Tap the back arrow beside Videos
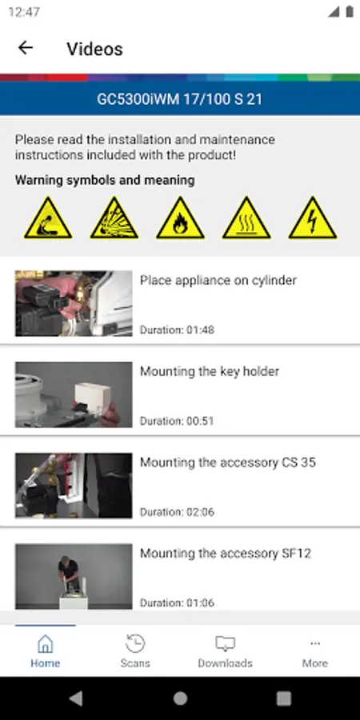point(26,48)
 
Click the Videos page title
point(94,49)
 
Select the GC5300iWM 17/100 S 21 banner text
point(179,98)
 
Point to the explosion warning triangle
point(114,218)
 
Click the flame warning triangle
point(181,218)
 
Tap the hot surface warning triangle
point(246,218)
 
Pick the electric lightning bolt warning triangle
point(313,218)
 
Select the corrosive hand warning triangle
point(48,218)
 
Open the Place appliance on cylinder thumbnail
point(74,303)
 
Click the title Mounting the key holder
point(210,371)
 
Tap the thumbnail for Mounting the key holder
point(74,395)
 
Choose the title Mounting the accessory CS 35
point(228,462)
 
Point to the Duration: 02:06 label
point(177,511)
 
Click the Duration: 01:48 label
point(177,330)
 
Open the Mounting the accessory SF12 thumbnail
point(74,577)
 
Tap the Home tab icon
point(45,644)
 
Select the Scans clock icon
point(135,644)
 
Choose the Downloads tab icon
point(225,644)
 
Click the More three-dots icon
point(315,644)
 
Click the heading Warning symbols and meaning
point(105,180)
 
